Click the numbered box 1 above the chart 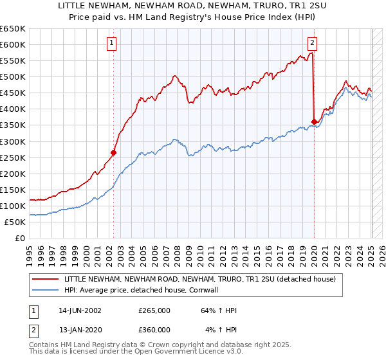[x=112, y=43]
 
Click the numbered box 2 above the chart [x=312, y=43]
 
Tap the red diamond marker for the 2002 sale [x=114, y=152]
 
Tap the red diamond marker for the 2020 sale [x=314, y=122]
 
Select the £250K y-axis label [x=14, y=157]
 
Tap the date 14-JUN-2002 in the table [x=80, y=310]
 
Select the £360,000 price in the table [x=154, y=330]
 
